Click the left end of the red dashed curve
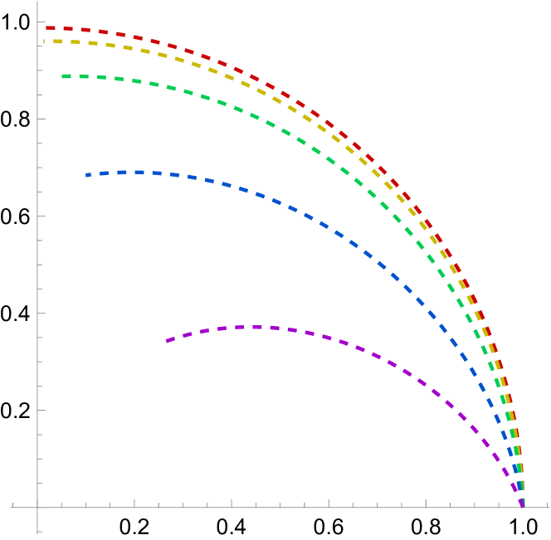[x=46, y=27]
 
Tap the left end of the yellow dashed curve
[x=44, y=41]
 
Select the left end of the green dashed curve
[x=62, y=76]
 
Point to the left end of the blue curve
[x=85, y=175]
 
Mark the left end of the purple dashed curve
[x=166, y=341]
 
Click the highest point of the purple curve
[x=253, y=327]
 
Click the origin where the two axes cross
[x=37, y=507]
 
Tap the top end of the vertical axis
[x=37, y=2]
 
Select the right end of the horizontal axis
[x=549, y=507]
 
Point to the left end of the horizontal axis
[x=10, y=507]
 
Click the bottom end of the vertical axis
[x=37, y=534]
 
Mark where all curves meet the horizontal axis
[x=522, y=505]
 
